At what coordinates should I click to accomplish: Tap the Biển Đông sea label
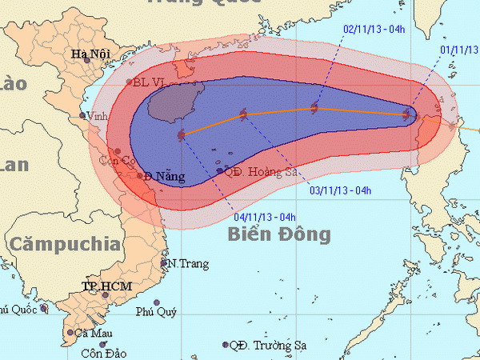click(x=278, y=234)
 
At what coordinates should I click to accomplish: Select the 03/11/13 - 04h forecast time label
click(x=340, y=190)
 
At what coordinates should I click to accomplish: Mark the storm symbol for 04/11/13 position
click(x=182, y=134)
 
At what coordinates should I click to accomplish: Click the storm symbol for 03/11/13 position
click(x=244, y=116)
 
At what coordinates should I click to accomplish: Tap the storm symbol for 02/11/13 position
click(x=314, y=108)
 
